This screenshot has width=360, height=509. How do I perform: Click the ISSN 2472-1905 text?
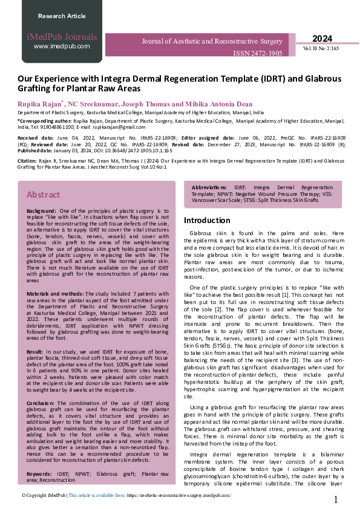pos(258,53)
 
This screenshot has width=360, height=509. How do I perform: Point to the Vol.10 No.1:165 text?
pos(322,47)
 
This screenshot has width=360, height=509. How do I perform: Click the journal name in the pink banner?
pos(212,41)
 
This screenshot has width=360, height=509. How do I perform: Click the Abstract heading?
pos(43,195)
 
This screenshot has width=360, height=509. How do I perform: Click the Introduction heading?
pos(208,221)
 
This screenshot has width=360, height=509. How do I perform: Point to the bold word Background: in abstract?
pos(41,210)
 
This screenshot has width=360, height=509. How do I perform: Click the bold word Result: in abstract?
pos(36,351)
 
